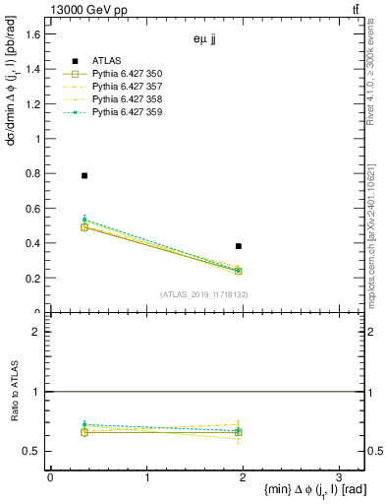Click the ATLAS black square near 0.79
[x=84, y=175]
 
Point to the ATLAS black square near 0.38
[x=239, y=246]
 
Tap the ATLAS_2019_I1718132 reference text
[x=204, y=294]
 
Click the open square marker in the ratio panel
[x=84, y=432]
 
